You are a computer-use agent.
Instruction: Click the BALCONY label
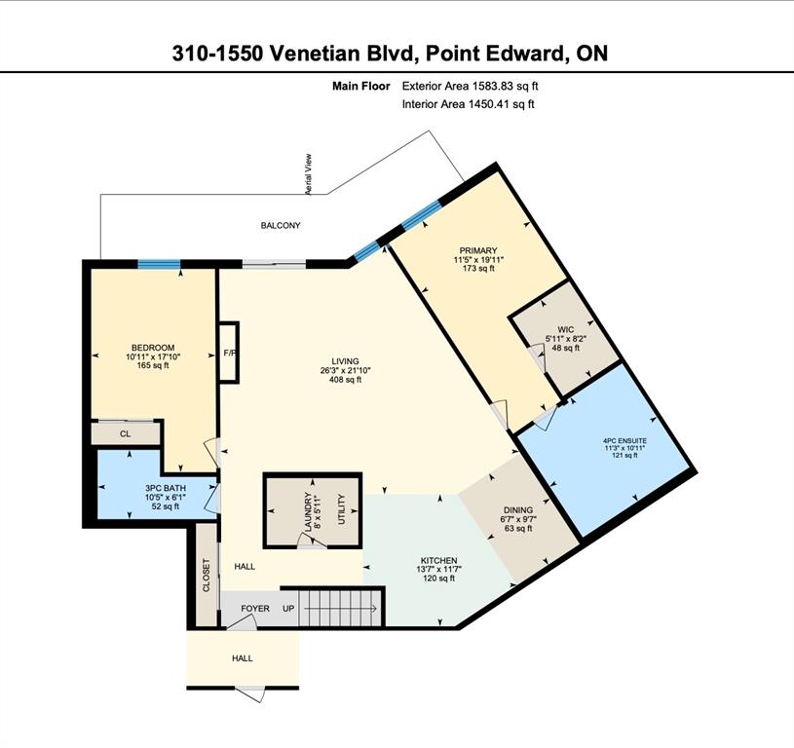281,225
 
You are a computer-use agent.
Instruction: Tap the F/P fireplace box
228,353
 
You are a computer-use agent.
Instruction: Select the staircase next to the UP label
339,609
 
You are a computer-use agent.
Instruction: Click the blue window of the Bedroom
160,264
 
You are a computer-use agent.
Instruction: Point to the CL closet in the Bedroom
126,433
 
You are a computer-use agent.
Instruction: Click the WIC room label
565,330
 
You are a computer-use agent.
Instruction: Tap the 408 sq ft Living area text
345,379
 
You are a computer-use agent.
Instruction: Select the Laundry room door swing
311,542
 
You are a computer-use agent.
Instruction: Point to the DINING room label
518,510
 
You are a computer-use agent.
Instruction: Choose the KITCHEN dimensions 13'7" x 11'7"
439,569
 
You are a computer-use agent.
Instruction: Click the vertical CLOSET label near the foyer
207,575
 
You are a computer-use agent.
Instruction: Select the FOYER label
255,609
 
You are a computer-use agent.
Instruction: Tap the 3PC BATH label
166,488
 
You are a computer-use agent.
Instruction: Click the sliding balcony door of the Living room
274,264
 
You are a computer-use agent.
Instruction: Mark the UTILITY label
341,509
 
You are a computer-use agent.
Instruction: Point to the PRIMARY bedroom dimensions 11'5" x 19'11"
478,260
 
